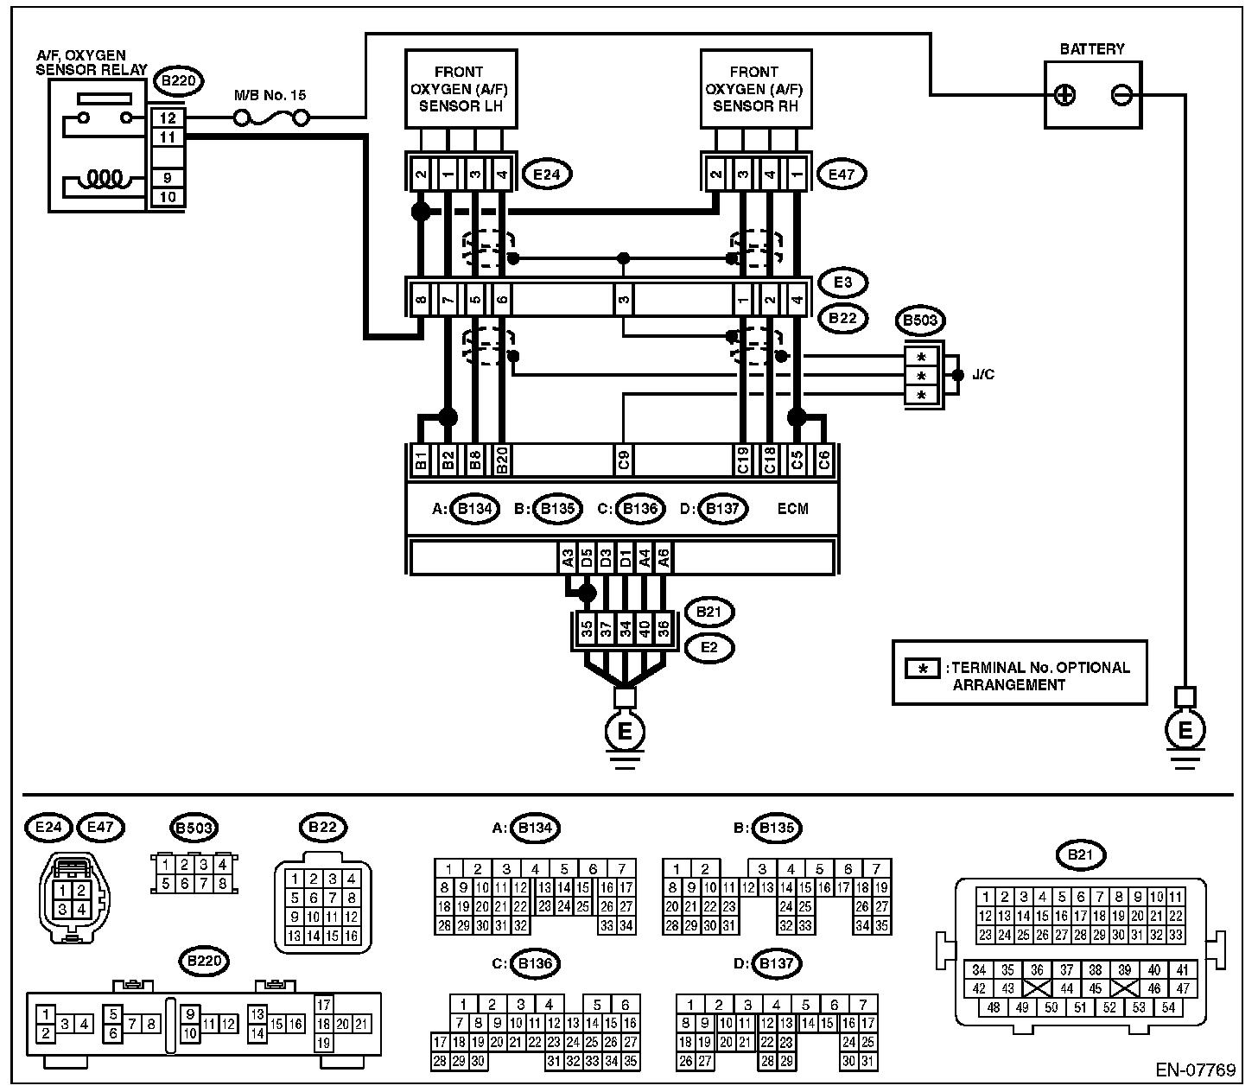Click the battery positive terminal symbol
[x=1064, y=95]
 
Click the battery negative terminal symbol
[x=1121, y=95]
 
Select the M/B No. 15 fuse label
[x=270, y=95]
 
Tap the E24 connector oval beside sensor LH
[x=547, y=175]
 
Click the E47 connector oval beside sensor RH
[x=842, y=175]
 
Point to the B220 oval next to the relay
[x=178, y=81]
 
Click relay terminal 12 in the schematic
[x=168, y=117]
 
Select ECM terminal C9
[x=624, y=460]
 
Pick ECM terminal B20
[x=502, y=460]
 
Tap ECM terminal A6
[x=663, y=558]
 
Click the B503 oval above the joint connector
[x=920, y=321]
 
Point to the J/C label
[x=983, y=374]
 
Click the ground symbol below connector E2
[x=625, y=739]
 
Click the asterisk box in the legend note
[x=922, y=669]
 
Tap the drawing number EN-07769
[x=1195, y=1070]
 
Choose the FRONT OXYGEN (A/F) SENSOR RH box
[x=756, y=89]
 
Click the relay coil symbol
[x=105, y=179]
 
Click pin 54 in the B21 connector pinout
[x=1168, y=1007]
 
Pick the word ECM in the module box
[x=792, y=509]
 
